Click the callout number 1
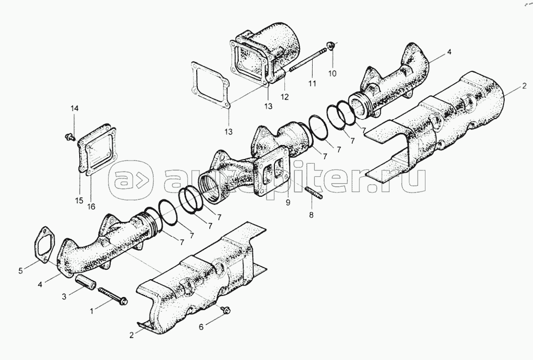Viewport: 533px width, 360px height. point(91,311)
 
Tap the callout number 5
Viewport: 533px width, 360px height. point(21,271)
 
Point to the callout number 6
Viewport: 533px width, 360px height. point(201,327)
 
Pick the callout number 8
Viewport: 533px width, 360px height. point(312,215)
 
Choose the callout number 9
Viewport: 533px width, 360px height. point(288,203)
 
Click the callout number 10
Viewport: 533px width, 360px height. point(332,73)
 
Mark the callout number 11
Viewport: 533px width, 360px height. point(312,83)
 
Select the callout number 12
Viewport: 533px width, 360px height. point(284,97)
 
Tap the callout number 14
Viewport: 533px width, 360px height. point(74,109)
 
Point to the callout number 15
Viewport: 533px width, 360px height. point(79,200)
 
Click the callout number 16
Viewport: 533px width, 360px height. point(91,206)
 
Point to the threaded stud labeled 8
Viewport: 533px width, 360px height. point(314,192)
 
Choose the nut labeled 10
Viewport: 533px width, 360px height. point(330,45)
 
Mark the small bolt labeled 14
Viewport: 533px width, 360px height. point(70,137)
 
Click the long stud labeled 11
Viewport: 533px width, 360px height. point(308,60)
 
